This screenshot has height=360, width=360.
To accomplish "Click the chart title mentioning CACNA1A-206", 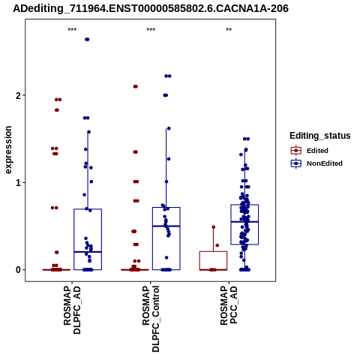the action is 151,8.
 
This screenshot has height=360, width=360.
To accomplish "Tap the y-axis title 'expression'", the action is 8,150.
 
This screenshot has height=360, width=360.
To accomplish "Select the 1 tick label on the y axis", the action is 19,182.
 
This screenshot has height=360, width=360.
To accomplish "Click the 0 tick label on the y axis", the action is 19,270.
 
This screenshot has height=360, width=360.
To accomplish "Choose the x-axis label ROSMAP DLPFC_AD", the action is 72,310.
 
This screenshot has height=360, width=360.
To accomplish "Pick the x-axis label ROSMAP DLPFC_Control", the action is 151,319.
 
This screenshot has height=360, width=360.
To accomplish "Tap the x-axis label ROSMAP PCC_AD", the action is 229,305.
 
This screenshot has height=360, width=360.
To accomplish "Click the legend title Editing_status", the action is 320,136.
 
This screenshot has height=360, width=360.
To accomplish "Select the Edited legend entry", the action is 310,151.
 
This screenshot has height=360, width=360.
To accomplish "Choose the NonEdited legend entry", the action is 316,163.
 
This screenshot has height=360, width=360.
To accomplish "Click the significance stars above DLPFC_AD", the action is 72,30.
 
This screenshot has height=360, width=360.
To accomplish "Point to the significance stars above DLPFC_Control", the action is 151,30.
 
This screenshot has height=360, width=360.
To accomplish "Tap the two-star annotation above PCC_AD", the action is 229,30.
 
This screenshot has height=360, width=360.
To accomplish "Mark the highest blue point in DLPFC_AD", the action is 87,40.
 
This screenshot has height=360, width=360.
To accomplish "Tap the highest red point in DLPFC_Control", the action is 136,86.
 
